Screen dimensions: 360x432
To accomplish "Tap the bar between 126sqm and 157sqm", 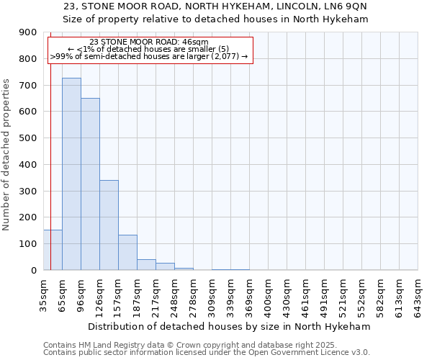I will pos(109,225).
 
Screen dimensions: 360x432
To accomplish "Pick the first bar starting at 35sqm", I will pos(53,250).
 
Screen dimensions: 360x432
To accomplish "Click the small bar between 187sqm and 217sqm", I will pos(146,264).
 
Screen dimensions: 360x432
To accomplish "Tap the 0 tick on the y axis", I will pos(33,270).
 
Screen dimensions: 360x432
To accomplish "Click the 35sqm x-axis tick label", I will pos(43,294).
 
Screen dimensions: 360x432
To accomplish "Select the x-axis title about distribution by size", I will pos(230,326).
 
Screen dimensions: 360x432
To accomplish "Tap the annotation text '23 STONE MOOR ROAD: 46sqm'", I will pos(150,42).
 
